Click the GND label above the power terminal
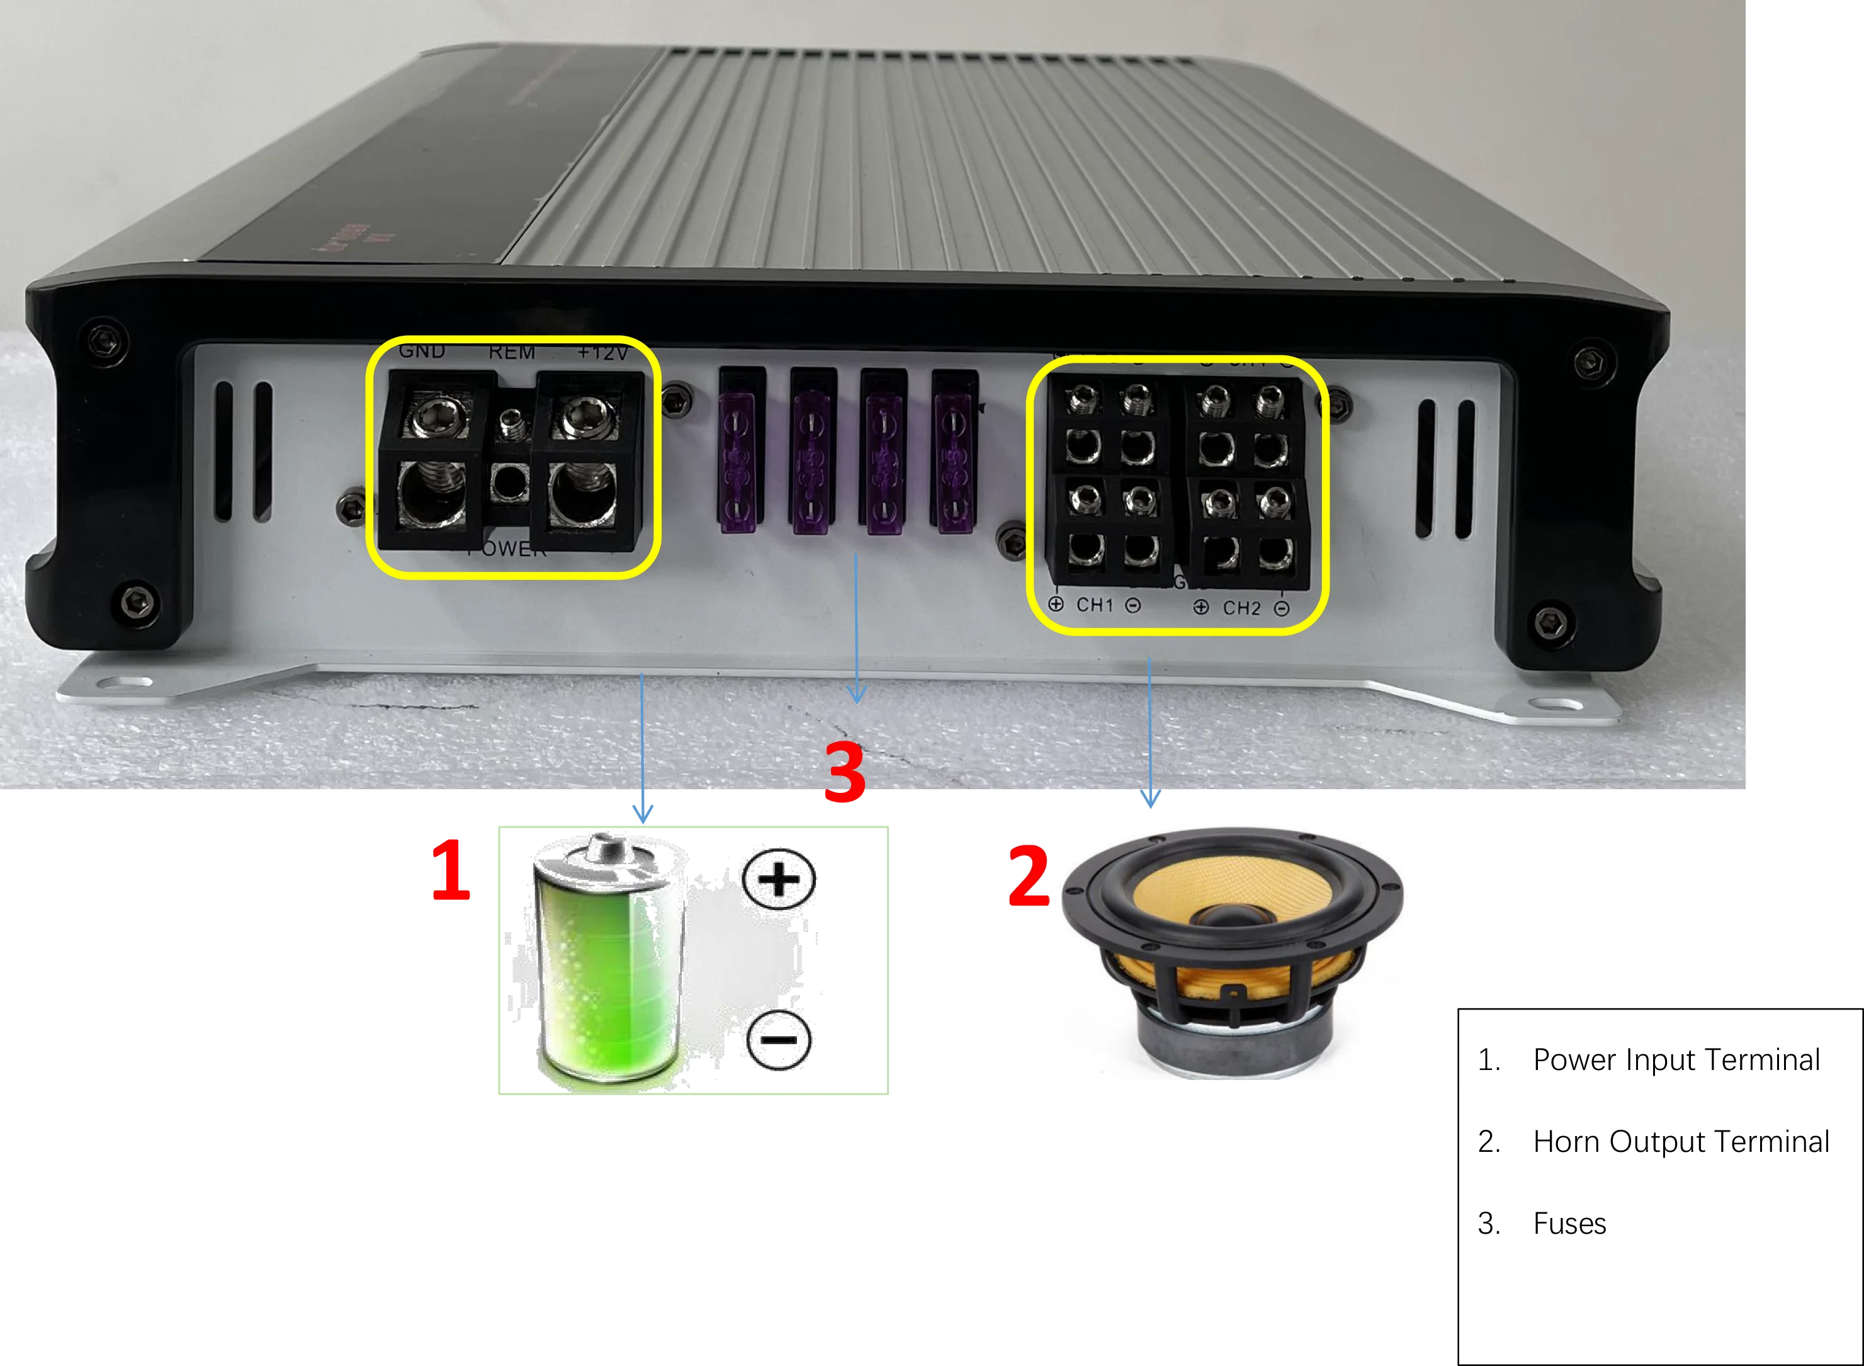tap(422, 351)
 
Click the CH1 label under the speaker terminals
tap(1095, 605)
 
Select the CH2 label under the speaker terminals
tap(1241, 608)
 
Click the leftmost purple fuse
tap(741, 451)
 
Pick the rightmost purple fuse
tap(955, 451)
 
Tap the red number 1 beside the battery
tap(451, 870)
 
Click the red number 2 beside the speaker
tap(1028, 877)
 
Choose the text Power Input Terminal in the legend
tap(1676, 1060)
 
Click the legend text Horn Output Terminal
tap(1680, 1142)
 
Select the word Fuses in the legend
tap(1569, 1224)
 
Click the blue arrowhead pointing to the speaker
tap(1149, 798)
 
